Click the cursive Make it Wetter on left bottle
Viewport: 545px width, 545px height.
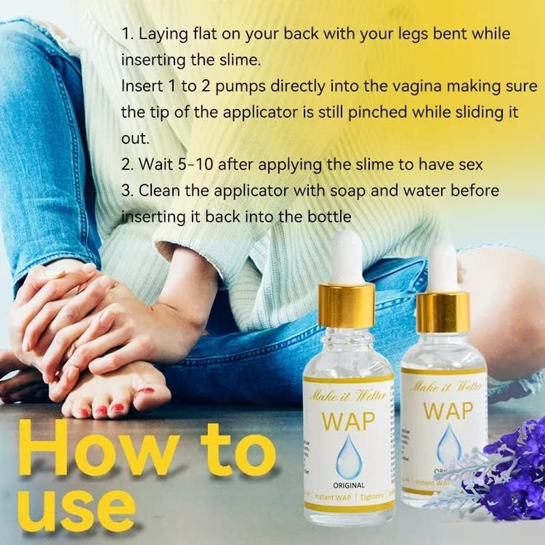click(347, 394)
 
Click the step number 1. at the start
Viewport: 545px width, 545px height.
click(127, 33)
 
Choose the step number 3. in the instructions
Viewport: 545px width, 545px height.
click(127, 191)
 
